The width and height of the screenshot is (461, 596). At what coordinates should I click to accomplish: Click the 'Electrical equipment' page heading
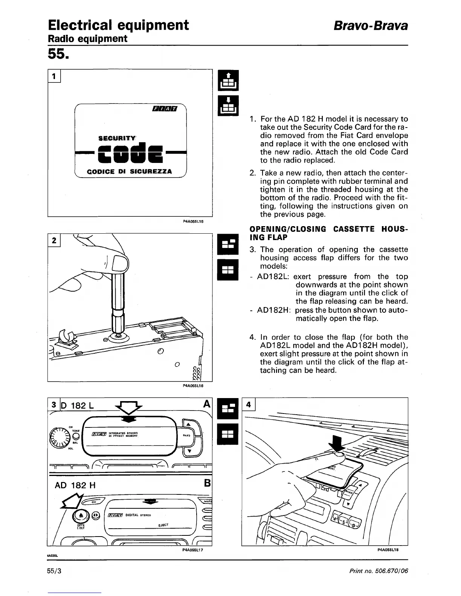coord(118,25)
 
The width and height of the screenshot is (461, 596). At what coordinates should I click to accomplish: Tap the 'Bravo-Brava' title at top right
coord(371,26)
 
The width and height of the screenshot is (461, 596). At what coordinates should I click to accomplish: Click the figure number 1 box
coord(55,76)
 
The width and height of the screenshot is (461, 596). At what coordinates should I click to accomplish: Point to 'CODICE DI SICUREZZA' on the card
coord(130,172)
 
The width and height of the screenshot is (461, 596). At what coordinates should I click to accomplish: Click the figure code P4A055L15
coord(193,222)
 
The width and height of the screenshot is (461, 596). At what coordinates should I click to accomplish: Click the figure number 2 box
coord(55,240)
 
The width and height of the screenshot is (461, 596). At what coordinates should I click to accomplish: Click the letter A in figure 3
coord(206,404)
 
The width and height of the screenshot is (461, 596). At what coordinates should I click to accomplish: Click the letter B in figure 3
coord(207,483)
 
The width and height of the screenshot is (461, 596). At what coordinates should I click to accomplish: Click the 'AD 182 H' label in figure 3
coord(75,485)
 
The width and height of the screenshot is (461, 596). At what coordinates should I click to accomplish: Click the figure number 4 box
coord(248,405)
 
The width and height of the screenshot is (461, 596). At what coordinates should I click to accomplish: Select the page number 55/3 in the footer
coord(55,571)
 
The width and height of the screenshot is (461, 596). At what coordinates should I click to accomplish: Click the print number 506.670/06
coord(378,571)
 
